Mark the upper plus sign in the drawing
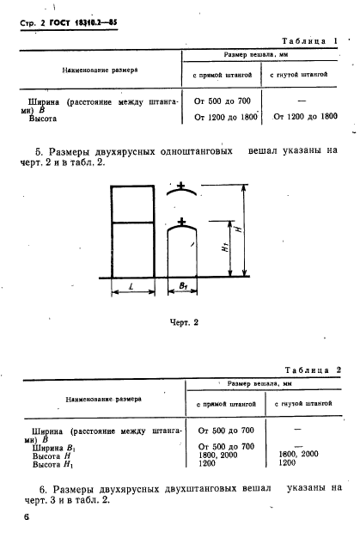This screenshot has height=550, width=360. coord(181,185)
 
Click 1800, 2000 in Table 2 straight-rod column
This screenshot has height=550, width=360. coord(218,455)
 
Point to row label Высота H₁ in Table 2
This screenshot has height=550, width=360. coord(53,465)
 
